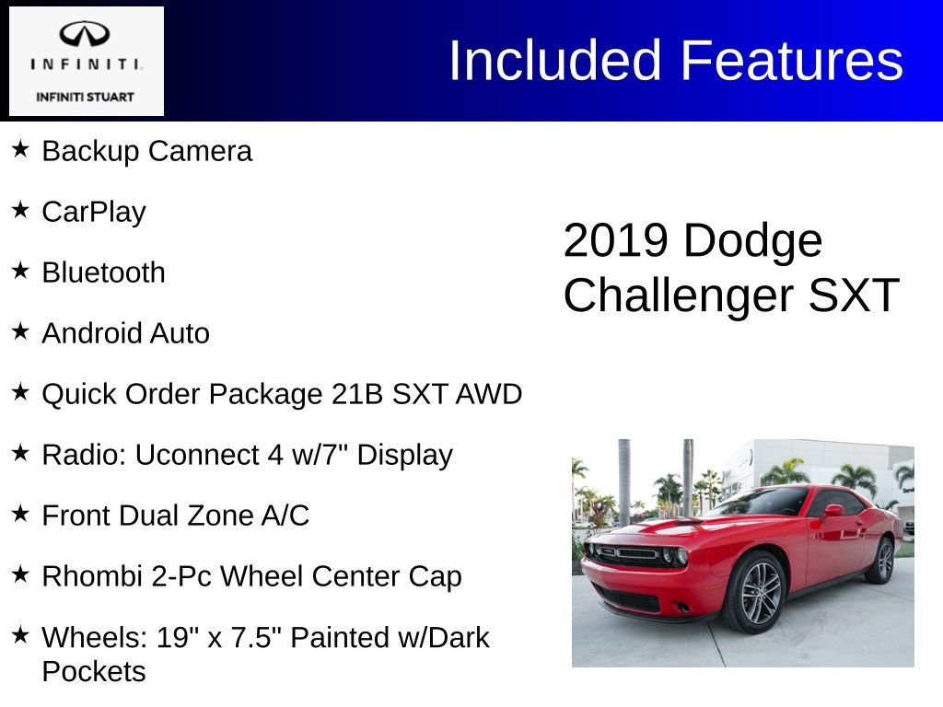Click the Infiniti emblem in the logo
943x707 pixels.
click(x=86, y=34)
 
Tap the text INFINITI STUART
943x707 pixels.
click(x=86, y=97)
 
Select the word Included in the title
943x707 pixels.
click(x=555, y=61)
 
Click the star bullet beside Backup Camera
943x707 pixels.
click(x=20, y=148)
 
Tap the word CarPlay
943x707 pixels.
click(x=94, y=212)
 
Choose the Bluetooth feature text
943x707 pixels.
click(x=103, y=272)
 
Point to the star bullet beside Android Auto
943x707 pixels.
click(x=20, y=330)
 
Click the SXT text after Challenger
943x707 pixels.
click(x=853, y=296)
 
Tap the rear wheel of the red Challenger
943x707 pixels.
click(x=880, y=561)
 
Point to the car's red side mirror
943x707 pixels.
click(x=832, y=510)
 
